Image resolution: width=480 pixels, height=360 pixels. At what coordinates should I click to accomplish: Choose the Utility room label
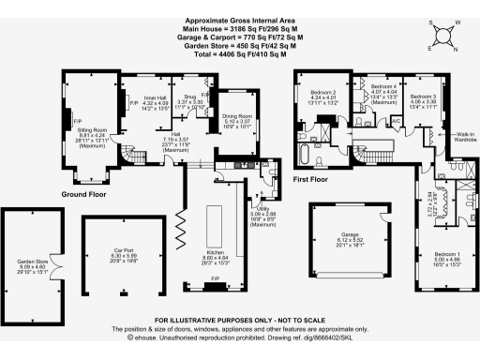(265, 214)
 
